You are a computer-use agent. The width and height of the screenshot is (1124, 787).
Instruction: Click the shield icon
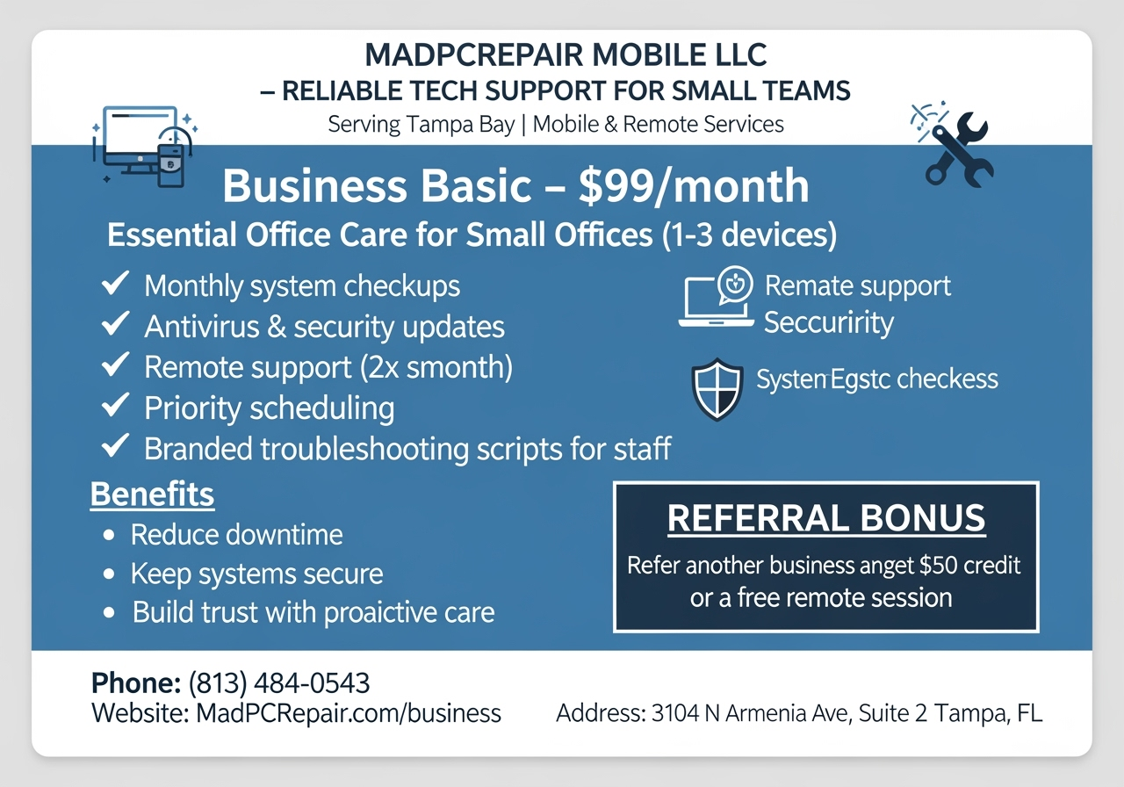717,388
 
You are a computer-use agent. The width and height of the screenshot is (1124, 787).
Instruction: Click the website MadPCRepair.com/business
344,712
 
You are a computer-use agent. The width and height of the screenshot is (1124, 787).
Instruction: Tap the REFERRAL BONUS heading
826,518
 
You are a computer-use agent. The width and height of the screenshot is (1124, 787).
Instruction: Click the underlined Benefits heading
152,495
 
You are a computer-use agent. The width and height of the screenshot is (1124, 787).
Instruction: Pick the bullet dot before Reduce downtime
109,534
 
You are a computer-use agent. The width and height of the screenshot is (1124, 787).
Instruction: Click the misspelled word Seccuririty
828,323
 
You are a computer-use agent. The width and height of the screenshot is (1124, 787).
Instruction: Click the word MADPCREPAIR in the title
473,55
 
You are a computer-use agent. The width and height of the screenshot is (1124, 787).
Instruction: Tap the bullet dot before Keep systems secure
109,574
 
